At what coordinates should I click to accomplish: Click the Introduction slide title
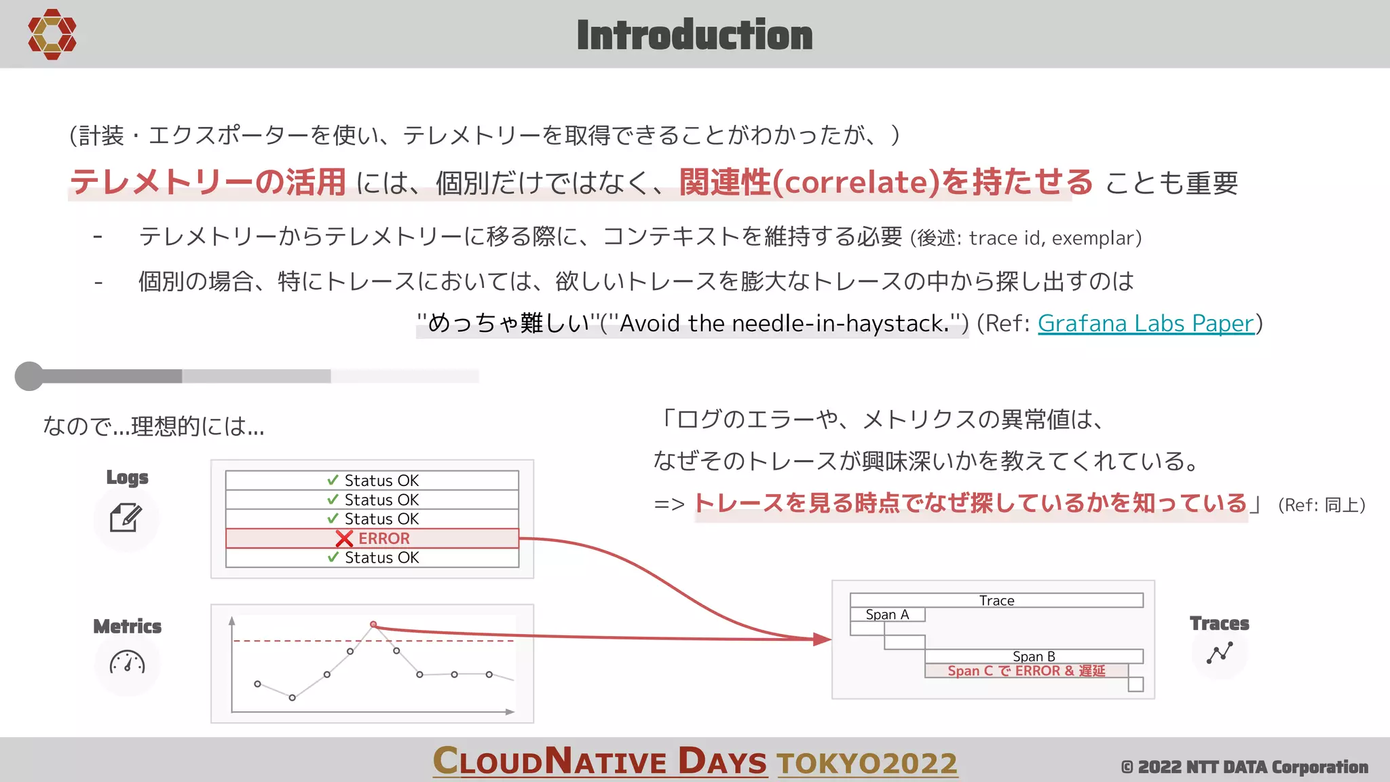pos(694,35)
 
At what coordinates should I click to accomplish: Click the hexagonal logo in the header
pos(52,34)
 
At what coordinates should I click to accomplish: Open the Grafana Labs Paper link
pos(1146,323)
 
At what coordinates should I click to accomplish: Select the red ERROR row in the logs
pos(372,538)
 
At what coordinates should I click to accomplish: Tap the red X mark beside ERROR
pos(344,539)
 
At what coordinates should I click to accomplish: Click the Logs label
pos(127,477)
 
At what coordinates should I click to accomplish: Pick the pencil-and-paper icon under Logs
pos(126,518)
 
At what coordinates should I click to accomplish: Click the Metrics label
pos(127,626)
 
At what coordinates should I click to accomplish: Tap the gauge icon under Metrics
pos(127,663)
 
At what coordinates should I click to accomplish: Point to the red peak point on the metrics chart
pos(373,625)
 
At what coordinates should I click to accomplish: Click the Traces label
pos(1219,623)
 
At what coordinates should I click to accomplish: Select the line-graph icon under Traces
pos(1220,653)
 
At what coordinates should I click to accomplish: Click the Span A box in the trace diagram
pos(887,614)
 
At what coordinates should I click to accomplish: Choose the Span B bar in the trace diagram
pos(1034,656)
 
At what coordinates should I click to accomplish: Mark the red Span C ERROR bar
pos(1026,671)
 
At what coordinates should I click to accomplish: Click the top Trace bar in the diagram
pos(996,600)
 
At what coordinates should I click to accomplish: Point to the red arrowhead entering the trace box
pos(822,639)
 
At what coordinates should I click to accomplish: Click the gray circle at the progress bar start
pos(29,376)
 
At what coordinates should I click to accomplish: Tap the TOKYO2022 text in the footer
pos(867,763)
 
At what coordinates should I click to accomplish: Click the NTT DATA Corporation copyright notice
pos(1244,767)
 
